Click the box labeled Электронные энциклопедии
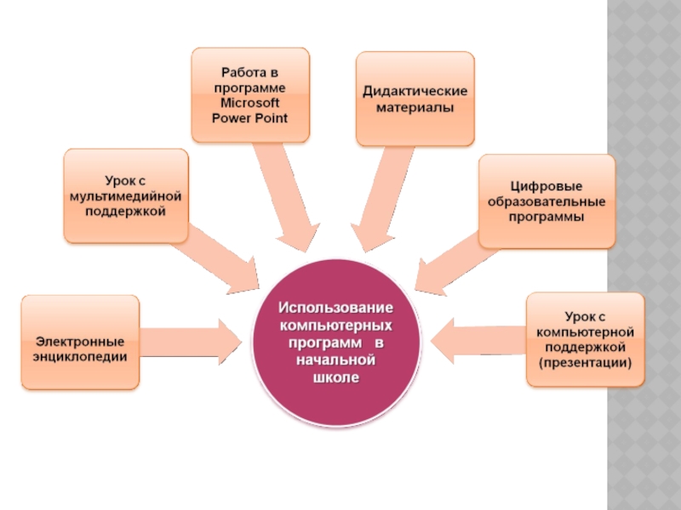[80, 342]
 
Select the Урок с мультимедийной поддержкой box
[126, 195]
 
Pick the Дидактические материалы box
[415, 99]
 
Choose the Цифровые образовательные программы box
[546, 201]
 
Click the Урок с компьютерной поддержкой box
[585, 341]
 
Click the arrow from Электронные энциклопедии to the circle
[192, 340]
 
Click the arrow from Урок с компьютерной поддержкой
[477, 340]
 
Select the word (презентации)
[585, 363]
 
